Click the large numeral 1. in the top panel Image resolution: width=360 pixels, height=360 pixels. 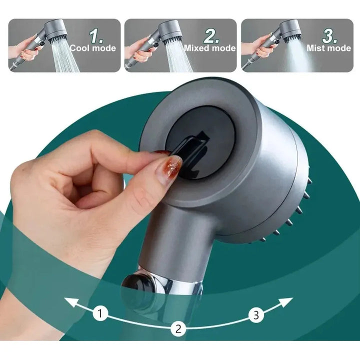95,36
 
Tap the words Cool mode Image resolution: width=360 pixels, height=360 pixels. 93,48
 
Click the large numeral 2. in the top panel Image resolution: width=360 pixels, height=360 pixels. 211,36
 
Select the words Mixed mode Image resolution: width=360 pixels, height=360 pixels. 210,48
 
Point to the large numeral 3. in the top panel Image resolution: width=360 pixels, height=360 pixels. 329,36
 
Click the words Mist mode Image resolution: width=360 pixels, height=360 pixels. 329,48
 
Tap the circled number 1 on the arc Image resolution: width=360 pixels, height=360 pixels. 100,313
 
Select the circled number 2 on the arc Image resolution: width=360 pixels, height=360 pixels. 178,328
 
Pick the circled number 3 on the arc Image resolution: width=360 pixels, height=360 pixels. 256,315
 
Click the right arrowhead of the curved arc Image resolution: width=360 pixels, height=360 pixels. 287,301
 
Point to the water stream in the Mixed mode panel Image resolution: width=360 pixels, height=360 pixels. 178,57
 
